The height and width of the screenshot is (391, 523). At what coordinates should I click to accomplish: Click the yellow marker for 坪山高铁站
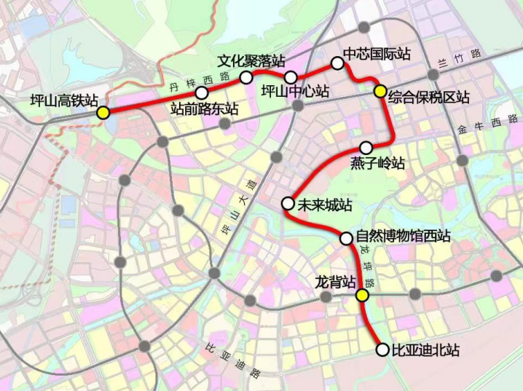pos(104,112)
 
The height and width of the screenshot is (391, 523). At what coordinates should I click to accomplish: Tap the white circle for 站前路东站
pos(202,92)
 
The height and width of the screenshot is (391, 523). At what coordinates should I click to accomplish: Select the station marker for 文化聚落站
pos(246,76)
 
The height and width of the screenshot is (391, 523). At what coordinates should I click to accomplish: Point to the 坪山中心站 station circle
pos(291,77)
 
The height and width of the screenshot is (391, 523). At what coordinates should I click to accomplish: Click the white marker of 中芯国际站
pos(337,63)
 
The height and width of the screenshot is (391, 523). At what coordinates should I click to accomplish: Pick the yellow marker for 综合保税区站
pos(380,91)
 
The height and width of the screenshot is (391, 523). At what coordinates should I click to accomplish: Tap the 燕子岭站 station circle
pos(366,146)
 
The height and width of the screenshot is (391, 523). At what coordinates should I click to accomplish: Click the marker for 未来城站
pos(288,203)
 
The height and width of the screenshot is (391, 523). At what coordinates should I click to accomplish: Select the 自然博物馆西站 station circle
pos(347,237)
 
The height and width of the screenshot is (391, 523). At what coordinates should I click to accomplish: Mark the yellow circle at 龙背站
pos(362,295)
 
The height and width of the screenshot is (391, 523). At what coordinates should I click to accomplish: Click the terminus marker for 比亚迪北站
pos(382,349)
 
